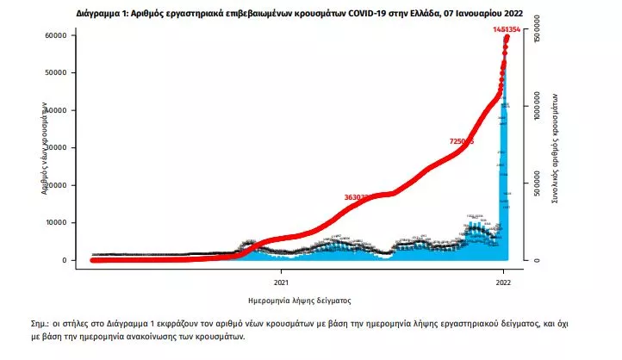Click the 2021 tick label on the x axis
(x=282, y=281)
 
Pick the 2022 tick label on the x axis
(x=505, y=281)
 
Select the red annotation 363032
(x=358, y=197)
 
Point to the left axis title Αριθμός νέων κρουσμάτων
(x=43, y=148)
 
